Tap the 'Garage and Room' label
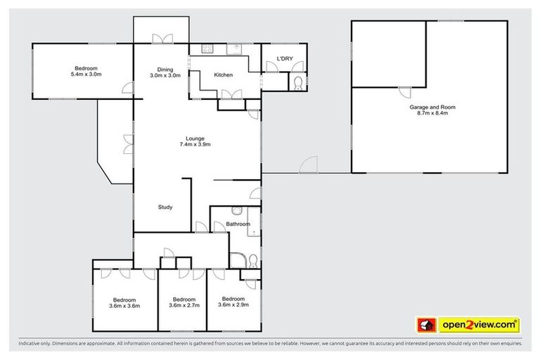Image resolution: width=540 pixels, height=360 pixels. click(432, 107)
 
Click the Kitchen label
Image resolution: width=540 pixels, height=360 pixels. click(224, 75)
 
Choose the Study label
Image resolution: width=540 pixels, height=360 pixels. click(165, 207)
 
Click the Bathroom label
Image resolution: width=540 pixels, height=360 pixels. click(238, 224)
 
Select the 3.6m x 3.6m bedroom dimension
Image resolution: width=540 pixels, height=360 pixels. click(124, 305)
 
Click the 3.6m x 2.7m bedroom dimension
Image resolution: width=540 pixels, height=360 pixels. click(184, 305)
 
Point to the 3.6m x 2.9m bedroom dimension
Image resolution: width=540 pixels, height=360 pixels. click(233, 304)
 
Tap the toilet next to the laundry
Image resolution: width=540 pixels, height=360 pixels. click(297, 84)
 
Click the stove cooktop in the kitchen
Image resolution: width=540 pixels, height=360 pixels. click(207, 49)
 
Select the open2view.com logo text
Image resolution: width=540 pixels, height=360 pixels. click(479, 324)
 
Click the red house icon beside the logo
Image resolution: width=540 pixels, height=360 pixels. click(425, 324)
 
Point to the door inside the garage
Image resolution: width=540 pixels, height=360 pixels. click(406, 91)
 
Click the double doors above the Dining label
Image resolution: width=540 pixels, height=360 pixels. click(162, 39)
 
